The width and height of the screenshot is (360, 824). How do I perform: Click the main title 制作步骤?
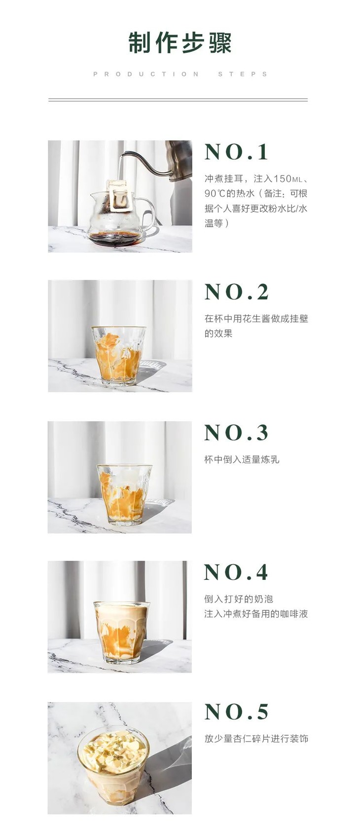(180, 43)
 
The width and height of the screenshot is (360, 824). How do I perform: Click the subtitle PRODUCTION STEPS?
(180, 74)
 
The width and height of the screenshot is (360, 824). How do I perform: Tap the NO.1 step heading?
(237, 152)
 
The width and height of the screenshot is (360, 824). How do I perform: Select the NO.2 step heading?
(237, 292)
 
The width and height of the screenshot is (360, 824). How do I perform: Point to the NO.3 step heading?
(237, 433)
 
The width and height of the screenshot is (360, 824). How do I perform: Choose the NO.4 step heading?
(237, 572)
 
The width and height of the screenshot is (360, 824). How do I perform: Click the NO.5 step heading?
(237, 712)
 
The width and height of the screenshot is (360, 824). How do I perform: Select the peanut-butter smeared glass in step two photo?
(118, 355)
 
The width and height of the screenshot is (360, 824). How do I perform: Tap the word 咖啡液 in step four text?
(294, 614)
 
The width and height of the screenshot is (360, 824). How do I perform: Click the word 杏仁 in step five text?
(243, 739)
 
